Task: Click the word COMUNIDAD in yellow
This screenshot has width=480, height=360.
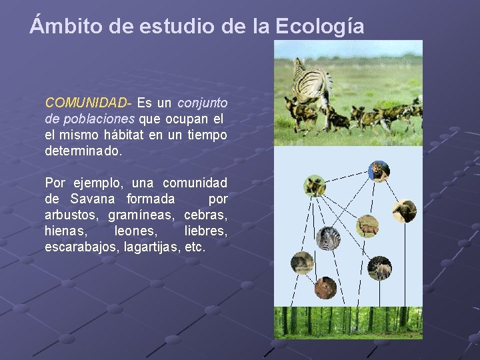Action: (86, 103)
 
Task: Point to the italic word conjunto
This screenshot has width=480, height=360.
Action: (202, 103)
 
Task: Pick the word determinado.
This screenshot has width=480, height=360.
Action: (83, 151)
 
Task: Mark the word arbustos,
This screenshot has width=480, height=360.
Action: (72, 215)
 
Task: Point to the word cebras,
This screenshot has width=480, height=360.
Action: (205, 215)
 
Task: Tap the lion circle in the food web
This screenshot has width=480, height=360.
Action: (379, 171)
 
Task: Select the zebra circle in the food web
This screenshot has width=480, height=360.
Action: (328, 238)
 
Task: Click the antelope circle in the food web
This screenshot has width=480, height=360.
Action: (367, 227)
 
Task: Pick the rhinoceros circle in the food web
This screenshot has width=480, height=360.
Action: (379, 268)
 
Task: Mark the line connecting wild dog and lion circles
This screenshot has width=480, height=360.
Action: (347, 178)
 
